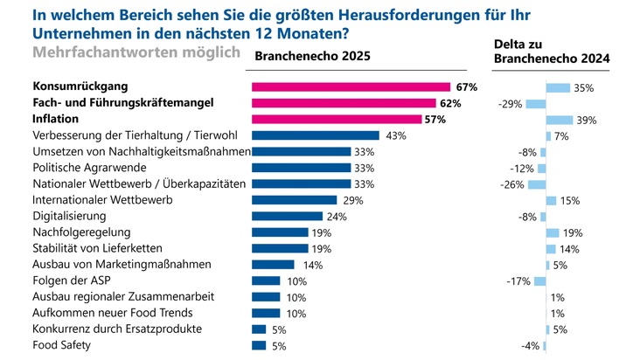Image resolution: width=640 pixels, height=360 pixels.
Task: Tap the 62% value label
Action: click(451, 103)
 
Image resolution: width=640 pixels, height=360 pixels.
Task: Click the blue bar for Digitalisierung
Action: click(287, 216)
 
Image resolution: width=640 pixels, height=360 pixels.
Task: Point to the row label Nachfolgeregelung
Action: click(81, 232)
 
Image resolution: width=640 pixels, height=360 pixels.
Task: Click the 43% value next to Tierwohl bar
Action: click(396, 135)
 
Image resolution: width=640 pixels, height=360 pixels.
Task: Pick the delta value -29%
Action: click(510, 103)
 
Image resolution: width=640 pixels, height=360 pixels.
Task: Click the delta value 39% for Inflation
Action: click(587, 120)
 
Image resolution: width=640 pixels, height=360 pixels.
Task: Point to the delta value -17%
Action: click(520, 281)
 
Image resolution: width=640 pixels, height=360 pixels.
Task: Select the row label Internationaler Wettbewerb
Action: click(101, 200)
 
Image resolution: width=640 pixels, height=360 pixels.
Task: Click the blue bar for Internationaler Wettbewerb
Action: click(294, 200)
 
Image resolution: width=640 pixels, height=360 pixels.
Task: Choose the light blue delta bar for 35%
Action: click(558, 87)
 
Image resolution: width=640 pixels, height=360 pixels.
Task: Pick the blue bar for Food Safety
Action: click(259, 345)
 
